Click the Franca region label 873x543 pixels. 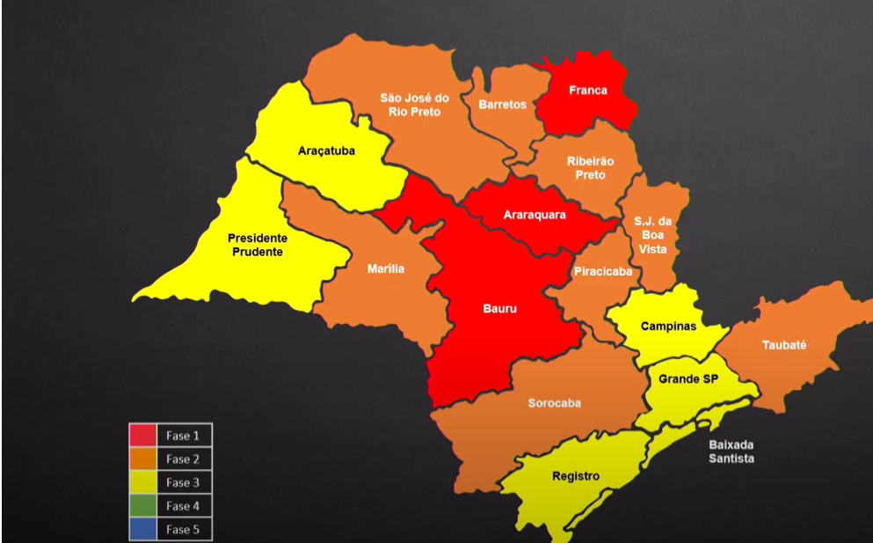(587, 91)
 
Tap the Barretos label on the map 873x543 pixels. (502, 105)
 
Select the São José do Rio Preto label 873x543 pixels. (414, 105)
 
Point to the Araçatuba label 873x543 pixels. (326, 150)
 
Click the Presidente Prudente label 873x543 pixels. (257, 245)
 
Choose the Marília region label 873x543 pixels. (386, 268)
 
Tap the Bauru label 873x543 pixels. (499, 309)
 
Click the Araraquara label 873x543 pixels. (535, 215)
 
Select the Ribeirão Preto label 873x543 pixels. (591, 168)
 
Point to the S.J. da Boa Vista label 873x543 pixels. (652, 235)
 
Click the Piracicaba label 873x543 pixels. (602, 272)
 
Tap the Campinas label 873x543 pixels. (667, 327)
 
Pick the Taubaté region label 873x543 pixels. (785, 346)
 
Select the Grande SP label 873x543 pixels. (687, 378)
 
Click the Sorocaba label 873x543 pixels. (554, 404)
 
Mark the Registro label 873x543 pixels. (576, 476)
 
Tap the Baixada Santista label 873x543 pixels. (731, 451)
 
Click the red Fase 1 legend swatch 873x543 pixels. (142, 435)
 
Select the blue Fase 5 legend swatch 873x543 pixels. (142, 530)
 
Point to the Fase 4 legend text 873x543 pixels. (183, 506)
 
